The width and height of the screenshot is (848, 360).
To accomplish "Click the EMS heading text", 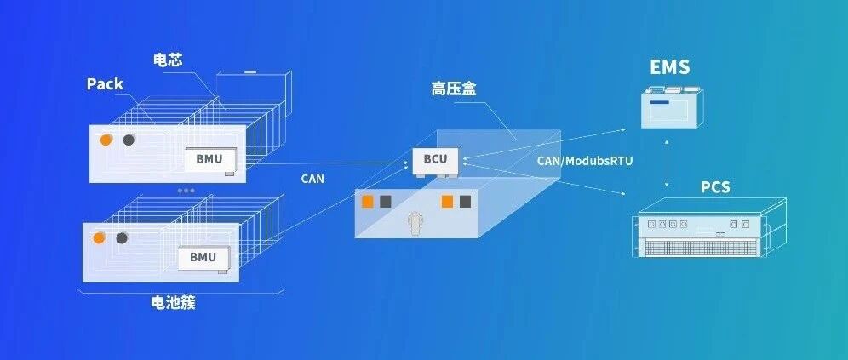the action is click(x=669, y=67).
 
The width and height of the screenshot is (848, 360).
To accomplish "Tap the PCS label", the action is click(x=715, y=187).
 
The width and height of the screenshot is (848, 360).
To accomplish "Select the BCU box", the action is click(x=435, y=159).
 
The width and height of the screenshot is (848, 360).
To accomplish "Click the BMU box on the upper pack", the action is click(x=209, y=159).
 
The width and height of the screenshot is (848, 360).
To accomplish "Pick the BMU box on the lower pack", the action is click(x=203, y=257).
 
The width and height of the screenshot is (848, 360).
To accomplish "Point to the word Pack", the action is click(x=105, y=83).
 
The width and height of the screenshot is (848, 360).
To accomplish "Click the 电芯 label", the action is click(x=168, y=60).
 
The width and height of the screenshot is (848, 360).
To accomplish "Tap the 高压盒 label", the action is click(x=453, y=89).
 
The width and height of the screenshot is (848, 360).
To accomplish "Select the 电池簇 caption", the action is click(x=173, y=303).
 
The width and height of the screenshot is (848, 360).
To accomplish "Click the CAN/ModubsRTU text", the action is click(x=585, y=161).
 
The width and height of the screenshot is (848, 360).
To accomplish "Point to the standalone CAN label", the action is click(x=312, y=179).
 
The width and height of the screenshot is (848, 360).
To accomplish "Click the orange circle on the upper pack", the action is click(x=106, y=140).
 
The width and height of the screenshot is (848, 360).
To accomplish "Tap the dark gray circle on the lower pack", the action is click(x=122, y=237).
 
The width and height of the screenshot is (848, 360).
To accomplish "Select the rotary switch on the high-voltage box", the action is click(x=415, y=222).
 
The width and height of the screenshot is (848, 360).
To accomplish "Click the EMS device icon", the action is click(x=673, y=107).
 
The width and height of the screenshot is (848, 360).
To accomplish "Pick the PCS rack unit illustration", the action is click(x=709, y=227).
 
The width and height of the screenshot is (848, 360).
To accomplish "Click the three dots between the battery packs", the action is click(x=186, y=191).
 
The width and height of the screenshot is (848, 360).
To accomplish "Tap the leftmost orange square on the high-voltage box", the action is click(x=368, y=202).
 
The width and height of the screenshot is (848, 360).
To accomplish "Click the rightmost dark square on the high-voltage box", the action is click(x=465, y=202).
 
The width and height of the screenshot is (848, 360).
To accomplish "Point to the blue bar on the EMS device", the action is click(x=659, y=102).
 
